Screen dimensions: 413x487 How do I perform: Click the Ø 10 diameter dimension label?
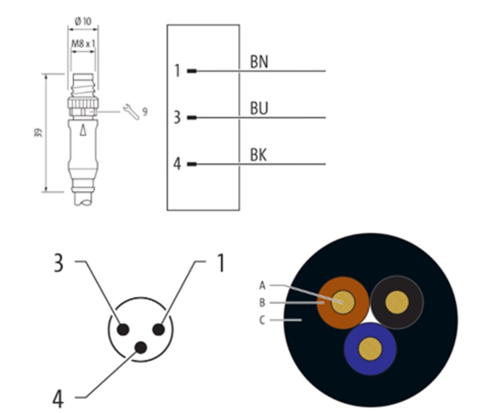[x=83, y=21]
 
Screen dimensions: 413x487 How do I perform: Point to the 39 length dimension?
[x=38, y=133]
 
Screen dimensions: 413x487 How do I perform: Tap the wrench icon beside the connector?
[x=131, y=111]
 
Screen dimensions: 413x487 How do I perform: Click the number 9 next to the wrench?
[x=145, y=111]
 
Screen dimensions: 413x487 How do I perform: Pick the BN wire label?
[x=259, y=62]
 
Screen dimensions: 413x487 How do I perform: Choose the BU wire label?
[x=259, y=108]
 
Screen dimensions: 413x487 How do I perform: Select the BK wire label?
[x=259, y=155]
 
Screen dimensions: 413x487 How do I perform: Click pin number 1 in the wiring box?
[x=177, y=71]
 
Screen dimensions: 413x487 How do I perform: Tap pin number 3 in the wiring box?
[x=177, y=117]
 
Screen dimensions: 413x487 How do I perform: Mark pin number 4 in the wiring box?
[x=177, y=164]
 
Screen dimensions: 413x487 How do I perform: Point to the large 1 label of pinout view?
[x=221, y=263]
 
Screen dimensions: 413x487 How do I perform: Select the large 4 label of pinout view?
[x=58, y=399]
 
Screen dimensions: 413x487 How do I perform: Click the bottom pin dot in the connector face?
[x=141, y=348]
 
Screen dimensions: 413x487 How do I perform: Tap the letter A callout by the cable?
[x=262, y=284]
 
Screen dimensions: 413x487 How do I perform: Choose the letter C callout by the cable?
[x=262, y=319]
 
